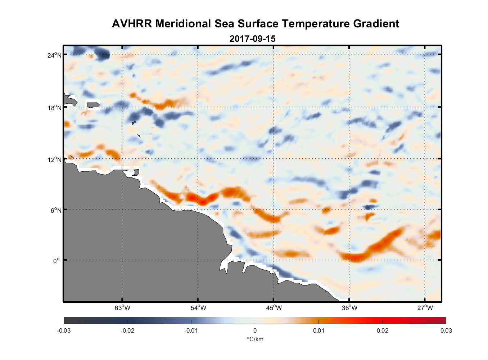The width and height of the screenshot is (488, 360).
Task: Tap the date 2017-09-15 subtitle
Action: pos(252,39)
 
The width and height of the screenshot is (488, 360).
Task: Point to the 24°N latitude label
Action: pos(54,55)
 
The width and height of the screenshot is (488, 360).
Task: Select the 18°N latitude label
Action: pos(54,108)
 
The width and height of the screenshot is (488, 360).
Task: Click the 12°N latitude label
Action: pos(54,159)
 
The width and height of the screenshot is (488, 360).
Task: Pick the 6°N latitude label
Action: pos(56,210)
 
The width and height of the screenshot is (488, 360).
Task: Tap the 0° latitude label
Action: pos(57,261)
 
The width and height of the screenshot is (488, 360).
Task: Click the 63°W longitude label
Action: pos(122,308)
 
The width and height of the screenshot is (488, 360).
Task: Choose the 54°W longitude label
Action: pos(198,308)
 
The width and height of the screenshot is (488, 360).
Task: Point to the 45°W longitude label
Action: pos(274,308)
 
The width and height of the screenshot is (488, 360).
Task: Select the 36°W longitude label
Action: pos(349,308)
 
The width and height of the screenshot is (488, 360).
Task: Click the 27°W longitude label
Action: pos(425,308)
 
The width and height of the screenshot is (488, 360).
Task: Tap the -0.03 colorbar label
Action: pos(64,331)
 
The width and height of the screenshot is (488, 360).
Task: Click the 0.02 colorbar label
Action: pos(383,331)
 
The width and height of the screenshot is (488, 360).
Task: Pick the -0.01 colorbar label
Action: pos(191,331)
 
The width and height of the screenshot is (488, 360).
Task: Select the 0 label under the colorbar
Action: pos(255,331)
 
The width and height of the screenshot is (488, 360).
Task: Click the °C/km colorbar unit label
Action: pos(255,339)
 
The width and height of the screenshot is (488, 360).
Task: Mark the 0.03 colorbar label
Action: pos(446,331)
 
